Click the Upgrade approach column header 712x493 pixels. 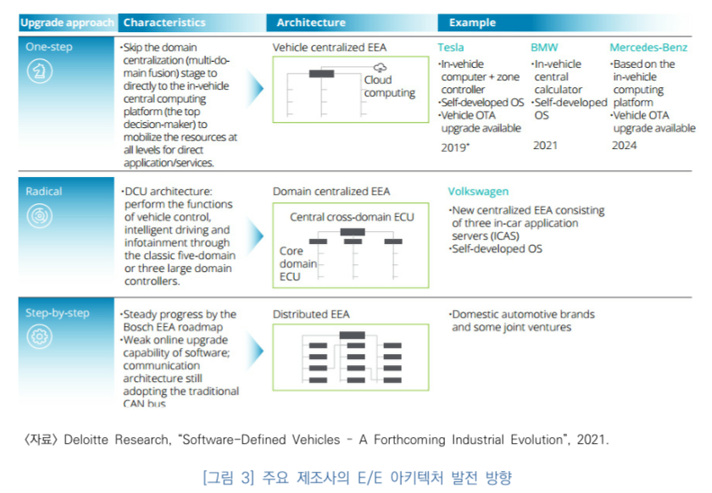pos(66,23)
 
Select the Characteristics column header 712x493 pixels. pos(164,23)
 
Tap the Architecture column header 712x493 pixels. pos(310,23)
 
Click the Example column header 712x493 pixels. pos(472,23)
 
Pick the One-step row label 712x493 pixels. pos(49,48)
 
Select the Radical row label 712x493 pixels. pos(44,191)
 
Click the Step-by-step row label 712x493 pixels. pos(57,313)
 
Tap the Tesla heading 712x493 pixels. pos(452,47)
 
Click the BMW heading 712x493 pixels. pos(544,47)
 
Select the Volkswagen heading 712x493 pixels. pos(479,191)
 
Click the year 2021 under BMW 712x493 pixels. pos(545,146)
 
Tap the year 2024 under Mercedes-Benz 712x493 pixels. pos(625,146)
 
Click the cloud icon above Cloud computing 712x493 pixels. pos(380,67)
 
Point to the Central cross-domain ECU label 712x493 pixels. pos(352,217)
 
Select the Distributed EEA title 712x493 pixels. pos(310,314)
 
